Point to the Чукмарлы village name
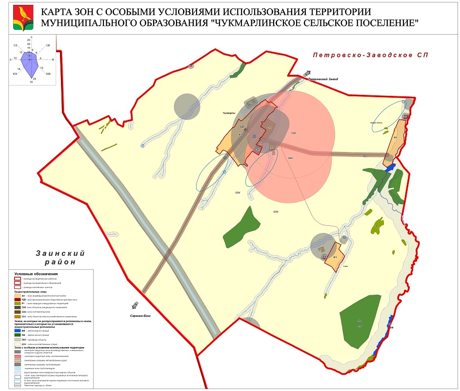(229, 113)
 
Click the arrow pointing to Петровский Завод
(307, 73)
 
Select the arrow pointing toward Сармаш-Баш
(134, 305)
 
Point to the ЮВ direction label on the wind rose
(48, 74)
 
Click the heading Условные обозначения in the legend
(36, 274)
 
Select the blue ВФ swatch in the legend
(17, 331)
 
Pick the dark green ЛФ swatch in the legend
(17, 335)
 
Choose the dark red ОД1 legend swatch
(17, 300)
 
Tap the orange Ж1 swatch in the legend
(17, 296)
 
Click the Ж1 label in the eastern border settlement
(396, 138)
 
